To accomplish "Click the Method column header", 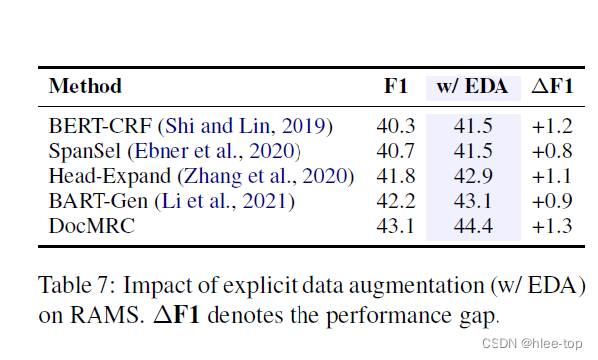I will point(86,87).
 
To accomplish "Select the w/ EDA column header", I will point(473,87).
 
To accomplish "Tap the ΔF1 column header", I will point(553,87).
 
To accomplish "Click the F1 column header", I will point(397,87).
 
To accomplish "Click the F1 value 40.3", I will point(397,126).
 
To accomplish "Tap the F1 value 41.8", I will point(397,176).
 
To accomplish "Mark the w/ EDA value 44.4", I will point(474,226).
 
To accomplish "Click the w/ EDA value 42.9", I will point(474,176).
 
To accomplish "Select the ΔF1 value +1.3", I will point(554,226).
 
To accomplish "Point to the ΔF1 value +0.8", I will point(554,151).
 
